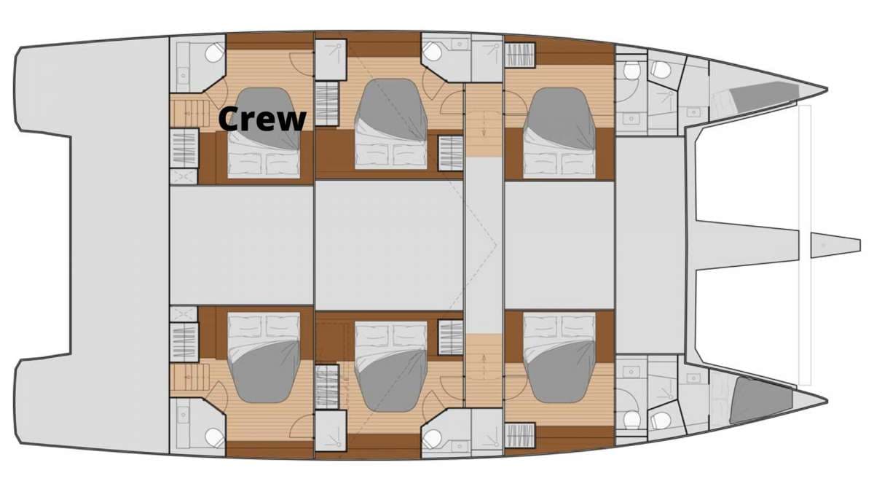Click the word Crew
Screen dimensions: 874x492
point(262,119)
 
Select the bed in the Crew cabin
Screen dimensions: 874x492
point(264,133)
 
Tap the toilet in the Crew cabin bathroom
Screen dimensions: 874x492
point(214,52)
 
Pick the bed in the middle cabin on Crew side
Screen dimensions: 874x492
point(391,124)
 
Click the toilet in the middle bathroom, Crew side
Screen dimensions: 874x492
point(432,51)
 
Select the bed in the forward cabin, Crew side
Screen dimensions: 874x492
point(559,133)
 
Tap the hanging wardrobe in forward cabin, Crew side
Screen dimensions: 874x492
point(520,55)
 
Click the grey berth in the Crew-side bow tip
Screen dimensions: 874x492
point(763,96)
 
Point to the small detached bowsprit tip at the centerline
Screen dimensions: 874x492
point(835,245)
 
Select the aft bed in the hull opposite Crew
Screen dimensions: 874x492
point(264,357)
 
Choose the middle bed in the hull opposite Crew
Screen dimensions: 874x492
point(391,366)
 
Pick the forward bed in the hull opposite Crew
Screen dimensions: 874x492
point(559,357)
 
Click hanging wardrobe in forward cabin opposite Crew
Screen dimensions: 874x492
point(520,435)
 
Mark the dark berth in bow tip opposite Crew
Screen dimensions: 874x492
point(761,401)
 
